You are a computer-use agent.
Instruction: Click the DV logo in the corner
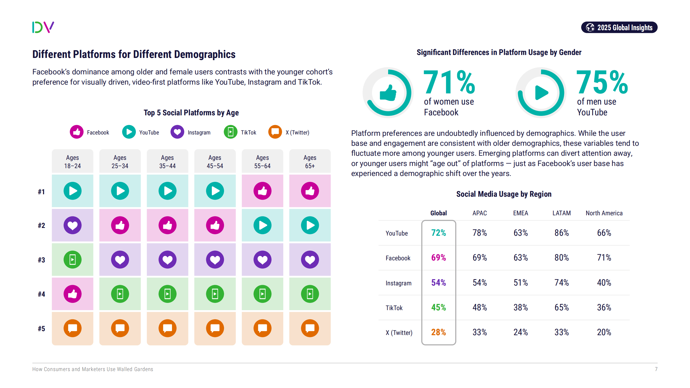pyautogui.click(x=43, y=27)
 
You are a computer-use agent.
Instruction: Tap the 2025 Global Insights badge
pyautogui.click(x=619, y=27)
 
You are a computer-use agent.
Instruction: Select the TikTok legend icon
pyautogui.click(x=230, y=132)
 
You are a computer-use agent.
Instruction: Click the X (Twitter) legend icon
pyautogui.click(x=275, y=132)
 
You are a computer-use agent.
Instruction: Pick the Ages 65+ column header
pyautogui.click(x=310, y=161)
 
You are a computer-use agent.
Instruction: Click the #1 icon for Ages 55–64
pyautogui.click(x=262, y=191)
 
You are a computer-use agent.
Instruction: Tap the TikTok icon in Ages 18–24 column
pyautogui.click(x=73, y=260)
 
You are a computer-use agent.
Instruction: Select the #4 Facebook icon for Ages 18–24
pyautogui.click(x=73, y=294)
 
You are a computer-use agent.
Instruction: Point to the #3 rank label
pyautogui.click(x=41, y=260)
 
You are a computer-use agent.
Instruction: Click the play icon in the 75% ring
pyautogui.click(x=541, y=93)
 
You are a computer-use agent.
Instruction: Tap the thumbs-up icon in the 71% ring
pyautogui.click(x=388, y=93)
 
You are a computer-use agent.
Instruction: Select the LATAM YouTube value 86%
pyautogui.click(x=561, y=233)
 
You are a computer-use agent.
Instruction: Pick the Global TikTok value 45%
pyautogui.click(x=439, y=307)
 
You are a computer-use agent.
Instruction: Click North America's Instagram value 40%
pyautogui.click(x=604, y=283)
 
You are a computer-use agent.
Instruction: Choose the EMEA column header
pyautogui.click(x=520, y=213)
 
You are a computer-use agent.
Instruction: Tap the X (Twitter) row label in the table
pyautogui.click(x=399, y=332)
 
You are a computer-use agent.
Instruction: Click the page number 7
pyautogui.click(x=656, y=369)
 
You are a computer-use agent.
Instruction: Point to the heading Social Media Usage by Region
pyautogui.click(x=504, y=194)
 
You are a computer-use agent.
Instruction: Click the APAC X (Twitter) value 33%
pyautogui.click(x=479, y=332)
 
